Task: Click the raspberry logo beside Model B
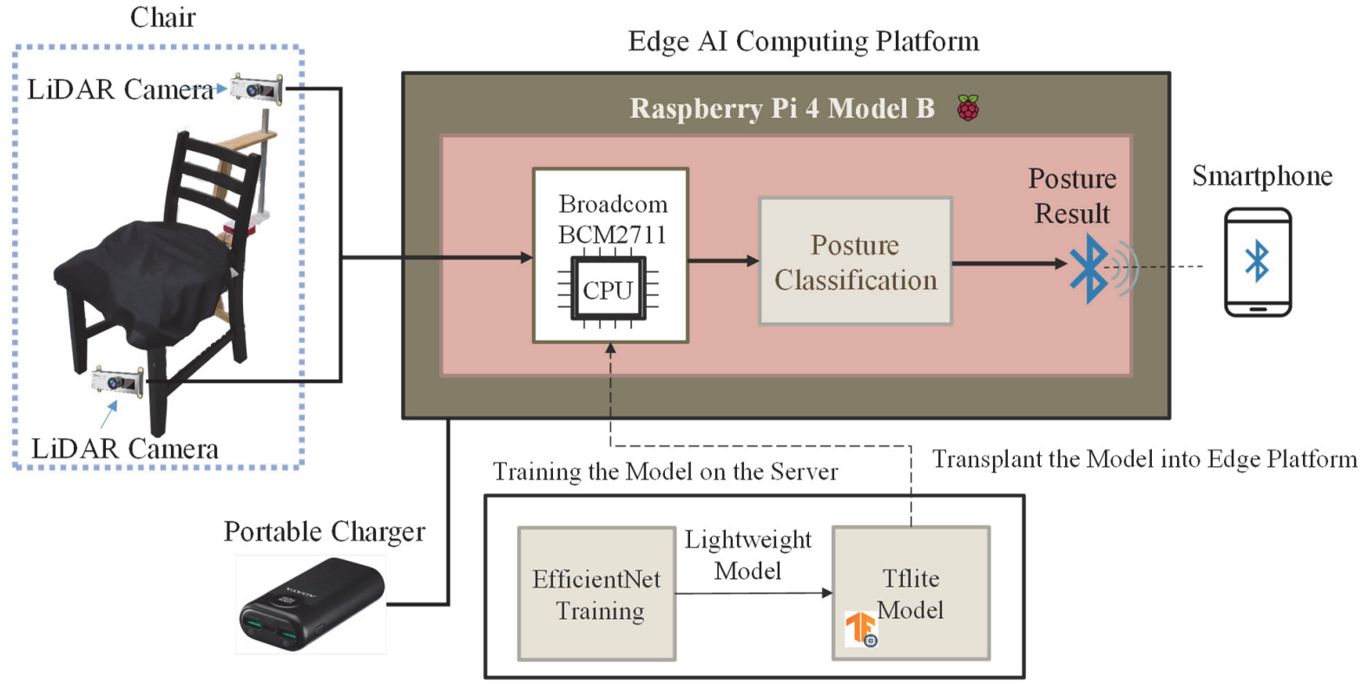968,109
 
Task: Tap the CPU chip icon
608,289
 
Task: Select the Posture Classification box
855,261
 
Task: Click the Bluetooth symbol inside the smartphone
1257,260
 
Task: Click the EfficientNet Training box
596,594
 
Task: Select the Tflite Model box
911,593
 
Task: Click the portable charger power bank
311,605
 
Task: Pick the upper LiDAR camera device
257,89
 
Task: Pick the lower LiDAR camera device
118,380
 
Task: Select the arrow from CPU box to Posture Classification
723,260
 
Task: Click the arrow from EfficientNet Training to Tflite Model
753,594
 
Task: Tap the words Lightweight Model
747,555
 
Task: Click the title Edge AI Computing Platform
803,42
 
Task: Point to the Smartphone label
1261,176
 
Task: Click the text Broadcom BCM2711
612,220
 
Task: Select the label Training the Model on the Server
665,472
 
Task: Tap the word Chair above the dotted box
162,16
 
